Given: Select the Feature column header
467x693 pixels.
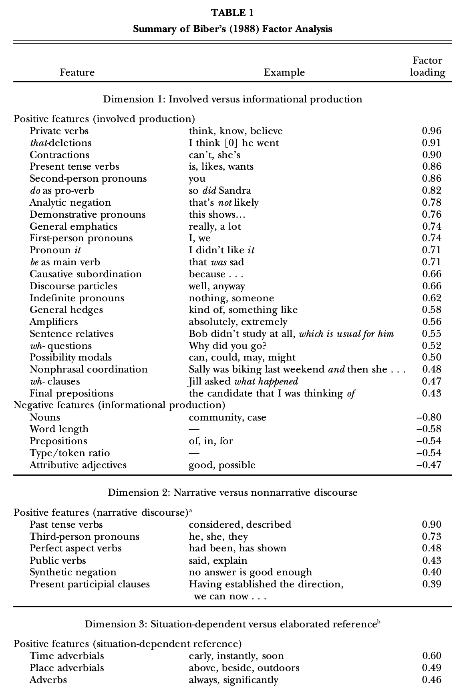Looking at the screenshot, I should tap(77, 72).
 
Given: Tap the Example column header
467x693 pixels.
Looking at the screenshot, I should tap(284, 72).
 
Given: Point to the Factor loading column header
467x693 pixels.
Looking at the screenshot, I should tap(427, 67).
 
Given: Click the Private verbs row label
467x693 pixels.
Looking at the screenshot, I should tap(59, 131).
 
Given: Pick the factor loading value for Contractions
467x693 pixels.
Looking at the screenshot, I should tap(431, 155).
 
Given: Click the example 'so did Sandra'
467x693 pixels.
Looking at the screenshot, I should tap(220, 190).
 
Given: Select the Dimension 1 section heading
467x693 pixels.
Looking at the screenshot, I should tap(232, 99).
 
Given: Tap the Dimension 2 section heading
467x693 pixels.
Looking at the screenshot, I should tap(232, 493).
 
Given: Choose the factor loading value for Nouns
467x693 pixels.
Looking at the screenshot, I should tap(429, 417).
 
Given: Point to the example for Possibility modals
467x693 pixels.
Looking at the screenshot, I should tap(242, 357).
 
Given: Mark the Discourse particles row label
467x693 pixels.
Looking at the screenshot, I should tap(73, 286).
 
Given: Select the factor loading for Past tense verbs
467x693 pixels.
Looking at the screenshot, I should tap(431, 525).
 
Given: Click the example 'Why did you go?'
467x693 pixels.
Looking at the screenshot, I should tap(227, 346).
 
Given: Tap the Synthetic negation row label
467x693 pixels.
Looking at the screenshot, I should tap(73, 572).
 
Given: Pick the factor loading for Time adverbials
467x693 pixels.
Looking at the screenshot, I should tap(431, 656).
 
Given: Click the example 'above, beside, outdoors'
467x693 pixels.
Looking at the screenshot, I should tap(244, 668).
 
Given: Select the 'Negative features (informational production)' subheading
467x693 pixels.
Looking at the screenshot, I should tap(119, 405).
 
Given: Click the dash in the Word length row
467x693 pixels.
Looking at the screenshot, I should tap(194, 429).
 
